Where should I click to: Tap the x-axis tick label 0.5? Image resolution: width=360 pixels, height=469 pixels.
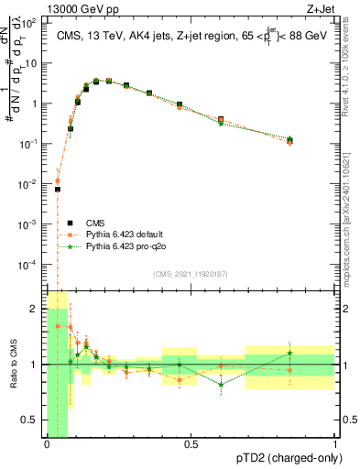(191, 444)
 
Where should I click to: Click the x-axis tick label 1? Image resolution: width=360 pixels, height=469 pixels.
(335, 444)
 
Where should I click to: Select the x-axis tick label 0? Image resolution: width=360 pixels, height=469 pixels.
(47, 444)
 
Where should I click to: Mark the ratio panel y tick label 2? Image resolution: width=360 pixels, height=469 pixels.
(36, 309)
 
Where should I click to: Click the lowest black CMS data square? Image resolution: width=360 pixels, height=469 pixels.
(57, 190)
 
